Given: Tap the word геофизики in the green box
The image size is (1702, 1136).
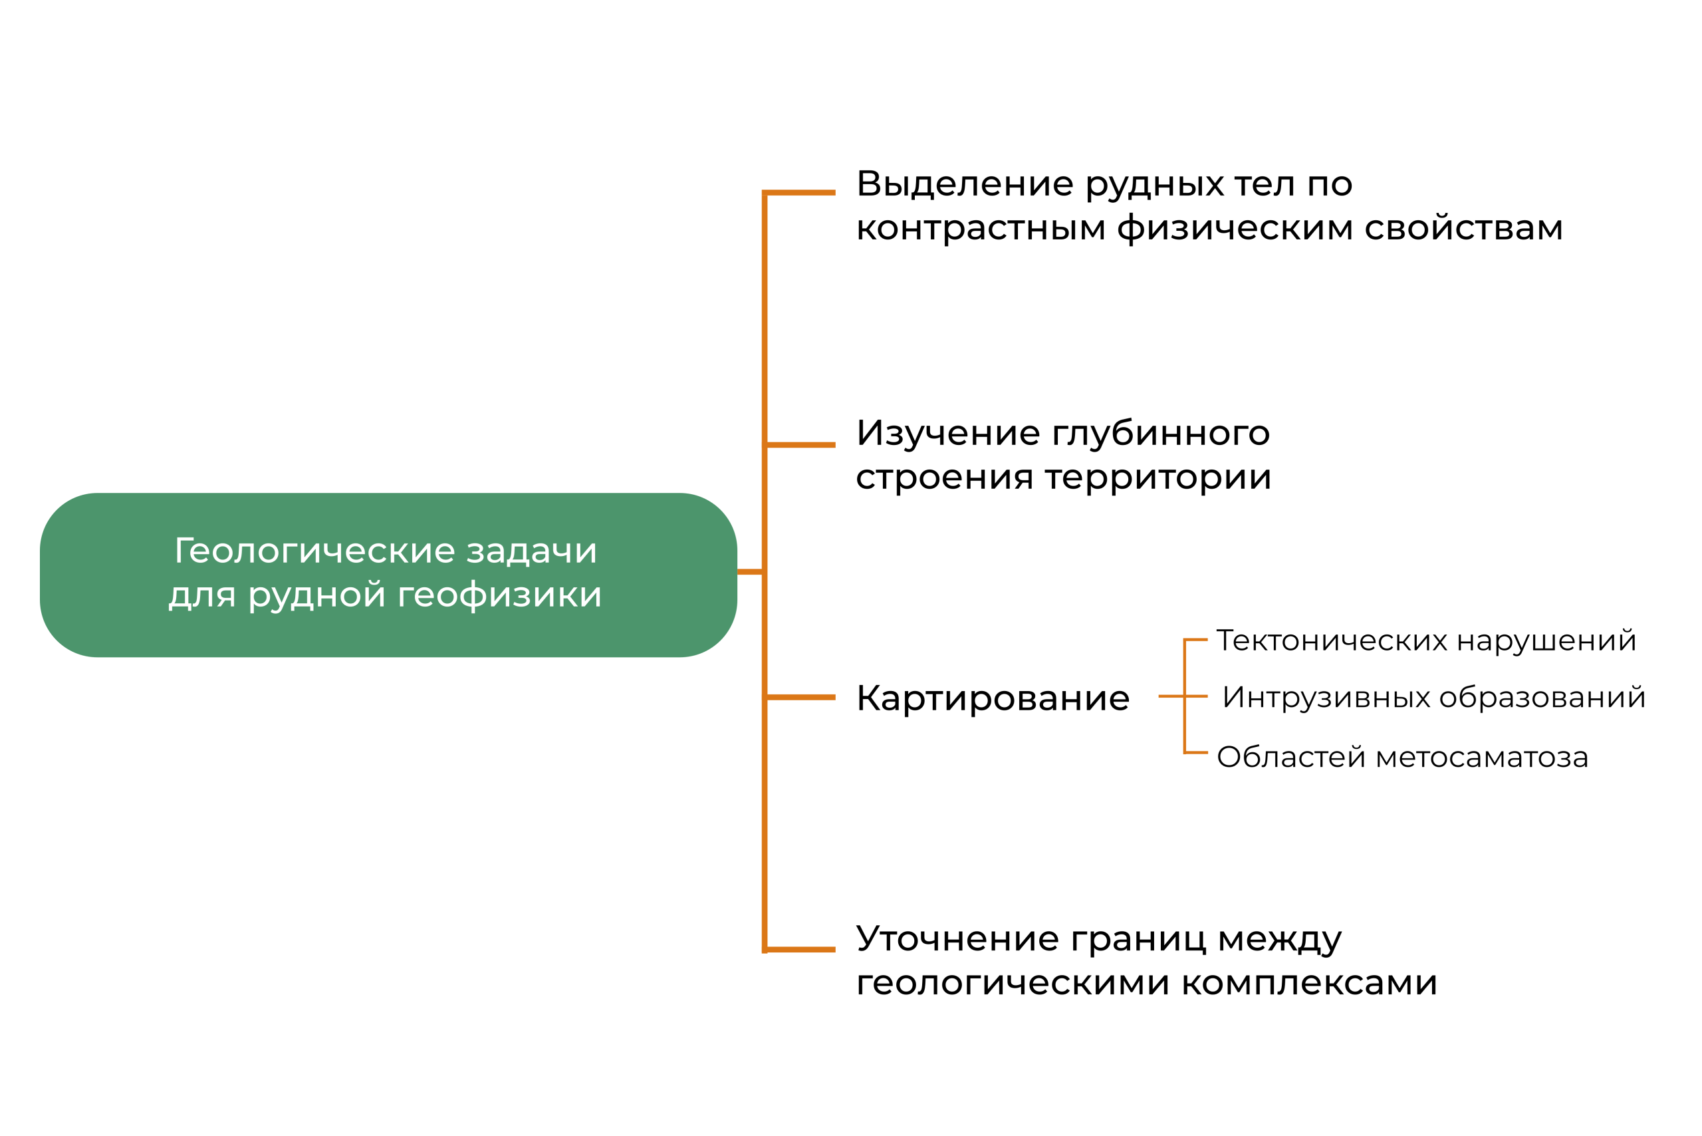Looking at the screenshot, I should click(499, 596).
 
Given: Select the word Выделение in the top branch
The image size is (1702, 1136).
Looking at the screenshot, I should click(964, 184).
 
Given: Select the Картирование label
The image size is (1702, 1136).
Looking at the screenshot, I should click(992, 698).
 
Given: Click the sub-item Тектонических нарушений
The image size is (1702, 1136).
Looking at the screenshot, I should click(1425, 640).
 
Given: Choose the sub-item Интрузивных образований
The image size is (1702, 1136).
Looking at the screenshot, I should click(1433, 697).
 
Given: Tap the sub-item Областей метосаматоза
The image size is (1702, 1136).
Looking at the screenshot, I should click(1402, 757).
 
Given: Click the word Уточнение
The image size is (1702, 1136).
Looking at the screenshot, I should click(957, 939).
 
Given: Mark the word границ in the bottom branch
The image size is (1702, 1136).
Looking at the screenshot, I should click(1138, 940).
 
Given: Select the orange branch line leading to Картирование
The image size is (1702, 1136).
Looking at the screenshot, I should click(800, 697).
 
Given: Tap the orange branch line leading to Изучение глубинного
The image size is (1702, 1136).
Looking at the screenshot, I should click(800, 445).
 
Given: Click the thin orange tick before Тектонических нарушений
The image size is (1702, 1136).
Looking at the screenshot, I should click(1196, 640).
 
